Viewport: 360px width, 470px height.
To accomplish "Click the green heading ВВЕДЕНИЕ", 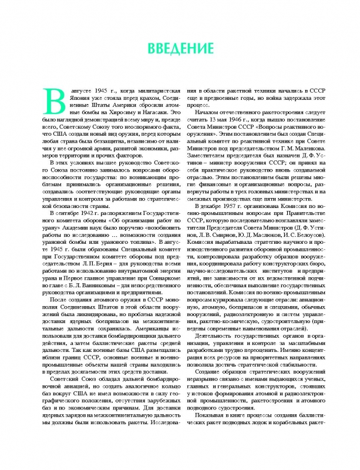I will tap(180, 46).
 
